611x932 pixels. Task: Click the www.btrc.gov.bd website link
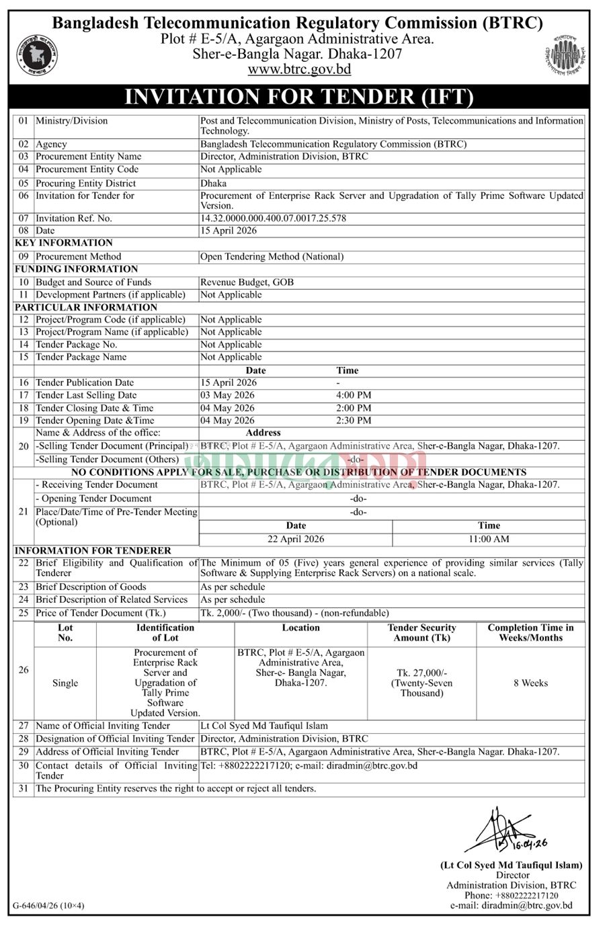[299, 69]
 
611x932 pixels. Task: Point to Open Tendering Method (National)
[272, 257]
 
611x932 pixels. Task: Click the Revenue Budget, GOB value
[247, 282]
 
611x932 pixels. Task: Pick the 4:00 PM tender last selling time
[354, 395]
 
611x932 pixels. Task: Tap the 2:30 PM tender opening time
[354, 421]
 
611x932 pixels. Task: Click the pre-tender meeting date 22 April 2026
[296, 539]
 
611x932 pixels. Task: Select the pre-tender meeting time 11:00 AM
[489, 539]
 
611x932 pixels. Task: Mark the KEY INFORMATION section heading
[64, 243]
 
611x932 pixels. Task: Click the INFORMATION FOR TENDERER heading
[93, 550]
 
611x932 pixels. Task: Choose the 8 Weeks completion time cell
[530, 683]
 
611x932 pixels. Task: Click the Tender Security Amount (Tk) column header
[421, 633]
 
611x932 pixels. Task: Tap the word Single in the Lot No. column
[65, 683]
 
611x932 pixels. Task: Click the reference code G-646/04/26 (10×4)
[48, 906]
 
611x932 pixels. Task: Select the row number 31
[24, 789]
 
